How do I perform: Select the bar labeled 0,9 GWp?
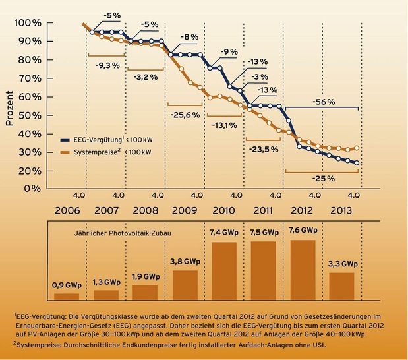coord(67,297)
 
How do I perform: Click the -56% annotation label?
coord(322,102)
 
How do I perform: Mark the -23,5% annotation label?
coord(264,149)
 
